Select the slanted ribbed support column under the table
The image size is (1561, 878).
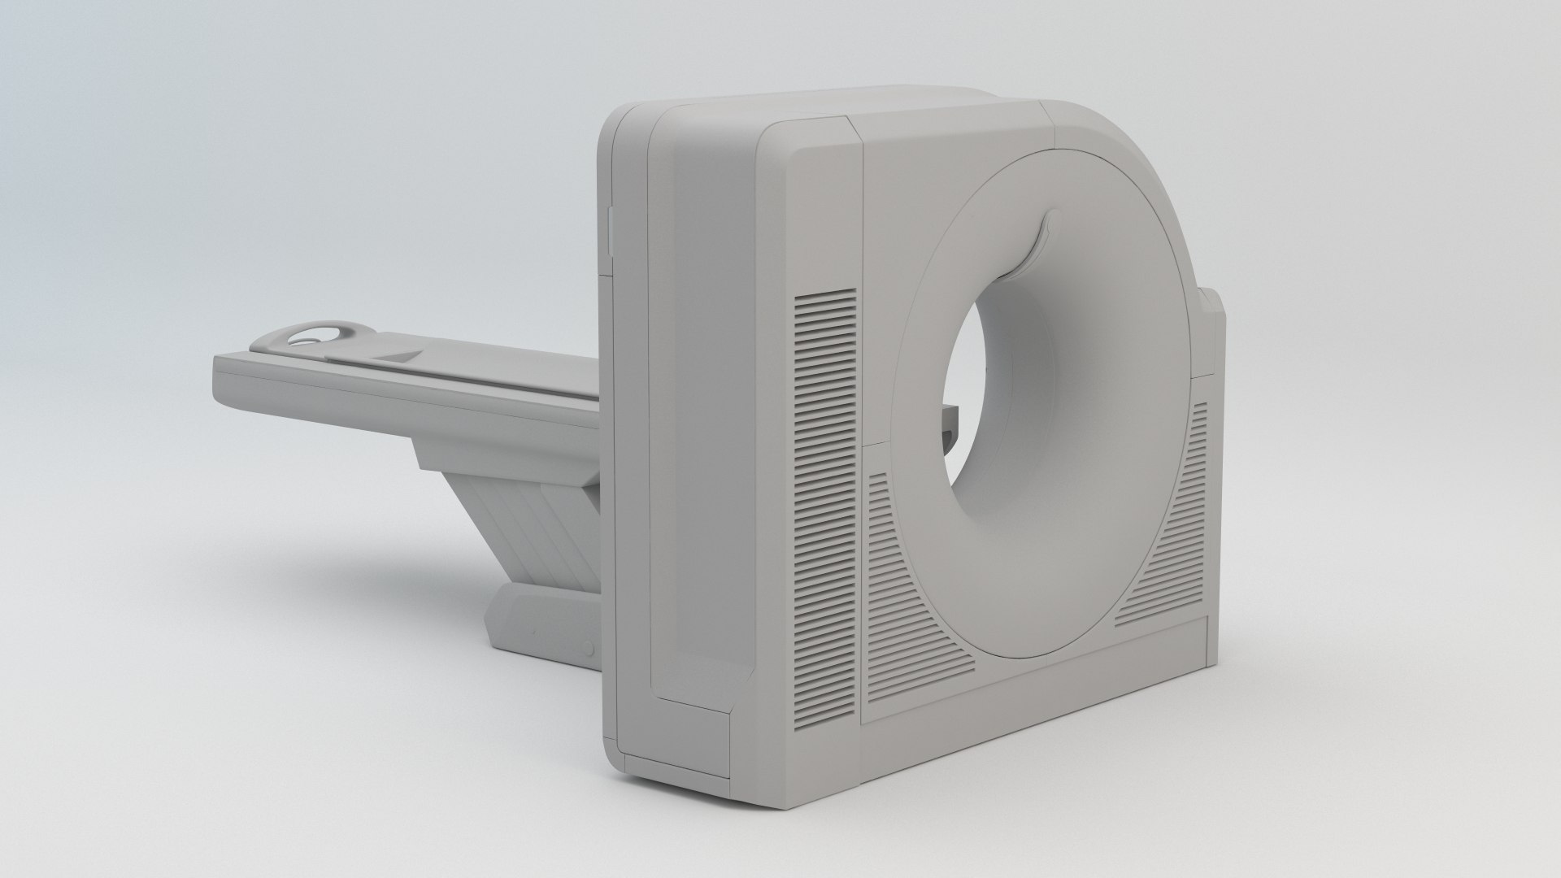[528, 520]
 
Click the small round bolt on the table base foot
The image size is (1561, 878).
[587, 648]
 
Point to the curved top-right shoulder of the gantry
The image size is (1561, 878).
[1138, 154]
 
